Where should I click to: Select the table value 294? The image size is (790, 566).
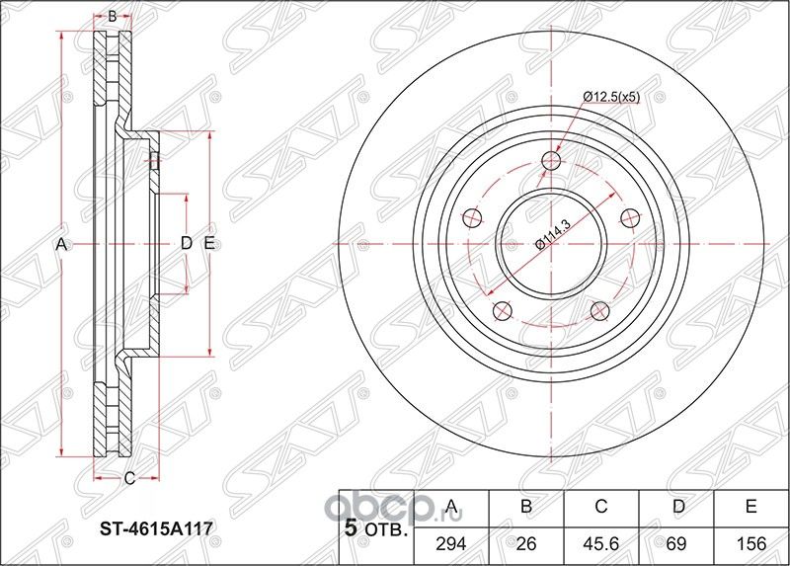452,542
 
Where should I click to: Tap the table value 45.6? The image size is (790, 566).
600,542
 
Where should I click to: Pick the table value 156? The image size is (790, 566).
751,542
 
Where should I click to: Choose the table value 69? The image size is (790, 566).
676,542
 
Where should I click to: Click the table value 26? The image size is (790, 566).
526,542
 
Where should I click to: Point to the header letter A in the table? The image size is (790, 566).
452,508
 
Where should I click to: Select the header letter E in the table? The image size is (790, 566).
751,508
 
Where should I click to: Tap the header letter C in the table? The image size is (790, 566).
600,508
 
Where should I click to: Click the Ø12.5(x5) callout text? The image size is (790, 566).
611,97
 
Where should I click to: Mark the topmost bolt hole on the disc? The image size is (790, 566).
551,162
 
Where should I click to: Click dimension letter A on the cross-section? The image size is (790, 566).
60,244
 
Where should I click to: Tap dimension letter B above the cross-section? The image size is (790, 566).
113,16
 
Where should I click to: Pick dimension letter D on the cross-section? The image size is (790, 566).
185,244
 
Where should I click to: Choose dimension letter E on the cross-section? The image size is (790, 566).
209,244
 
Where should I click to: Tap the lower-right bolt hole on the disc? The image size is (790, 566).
598,311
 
